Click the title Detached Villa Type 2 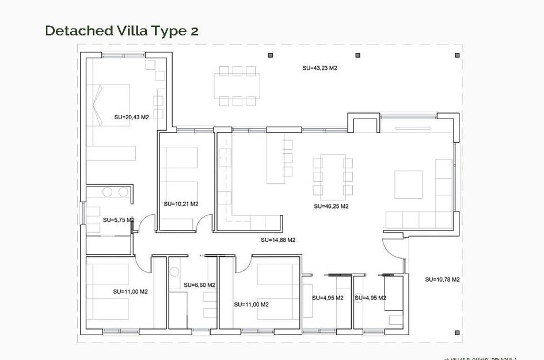[x=121, y=31]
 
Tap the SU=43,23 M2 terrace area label [x=319, y=68]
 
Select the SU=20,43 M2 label [x=131, y=117]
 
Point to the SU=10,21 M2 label [x=181, y=204]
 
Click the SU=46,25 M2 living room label [x=331, y=206]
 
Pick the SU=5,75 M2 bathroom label [x=119, y=219]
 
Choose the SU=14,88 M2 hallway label [x=278, y=240]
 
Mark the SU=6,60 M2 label [x=199, y=285]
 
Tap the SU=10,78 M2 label [x=442, y=279]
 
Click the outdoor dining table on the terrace [x=237, y=86]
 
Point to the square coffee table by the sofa [x=408, y=185]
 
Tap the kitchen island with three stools [x=275, y=158]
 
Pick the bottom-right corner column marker [x=457, y=331]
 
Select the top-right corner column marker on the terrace [x=457, y=55]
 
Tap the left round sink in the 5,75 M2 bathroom [x=107, y=192]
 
